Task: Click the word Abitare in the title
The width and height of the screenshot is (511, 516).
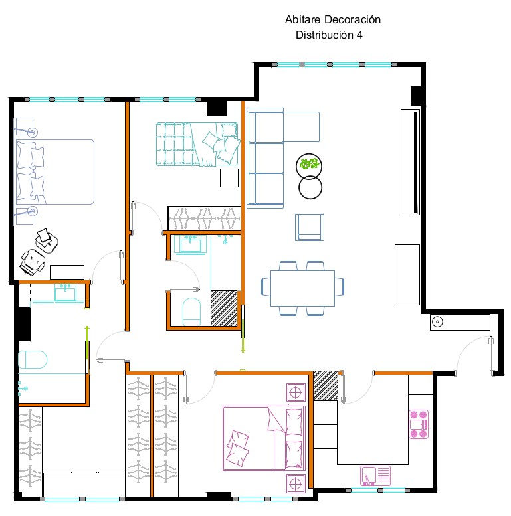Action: (302, 19)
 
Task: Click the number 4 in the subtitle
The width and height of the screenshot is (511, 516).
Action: (359, 35)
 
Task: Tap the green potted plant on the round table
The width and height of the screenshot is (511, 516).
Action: (309, 164)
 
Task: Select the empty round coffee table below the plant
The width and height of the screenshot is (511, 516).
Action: (310, 187)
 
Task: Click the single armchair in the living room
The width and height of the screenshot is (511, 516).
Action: (310, 227)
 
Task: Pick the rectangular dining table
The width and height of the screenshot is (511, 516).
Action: (302, 288)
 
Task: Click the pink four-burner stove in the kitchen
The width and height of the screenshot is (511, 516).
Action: (419, 424)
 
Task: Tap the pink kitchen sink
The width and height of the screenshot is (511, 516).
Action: (375, 475)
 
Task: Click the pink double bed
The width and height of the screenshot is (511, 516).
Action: (264, 438)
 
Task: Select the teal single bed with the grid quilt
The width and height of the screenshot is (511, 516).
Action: (197, 144)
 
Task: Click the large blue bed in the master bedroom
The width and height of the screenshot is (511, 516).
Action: (54, 172)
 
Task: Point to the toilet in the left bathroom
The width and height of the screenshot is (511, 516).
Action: (33, 359)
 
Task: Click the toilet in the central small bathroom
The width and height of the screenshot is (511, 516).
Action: (191, 311)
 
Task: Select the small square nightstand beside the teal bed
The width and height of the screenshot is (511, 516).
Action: (229, 178)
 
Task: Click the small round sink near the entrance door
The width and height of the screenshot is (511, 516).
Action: (437, 322)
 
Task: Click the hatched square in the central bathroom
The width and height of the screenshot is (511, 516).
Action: (224, 308)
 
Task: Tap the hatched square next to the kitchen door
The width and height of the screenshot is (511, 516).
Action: (326, 386)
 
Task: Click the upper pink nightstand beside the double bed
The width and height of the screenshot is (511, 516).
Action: (296, 392)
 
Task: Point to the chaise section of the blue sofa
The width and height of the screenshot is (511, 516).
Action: (301, 127)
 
